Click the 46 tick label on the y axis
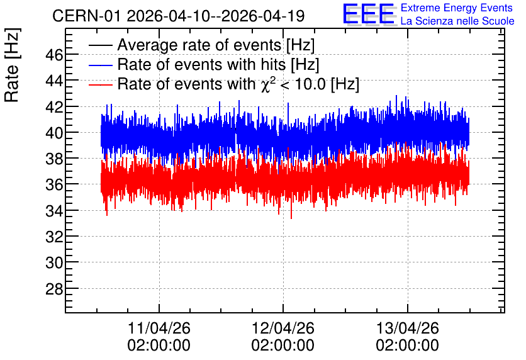point(54,55)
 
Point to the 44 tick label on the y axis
point(54,81)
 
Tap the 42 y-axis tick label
point(54,107)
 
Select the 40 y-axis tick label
point(54,133)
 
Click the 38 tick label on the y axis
point(54,159)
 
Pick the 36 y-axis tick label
point(54,184)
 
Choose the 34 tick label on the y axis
point(54,211)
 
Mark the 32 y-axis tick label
point(54,237)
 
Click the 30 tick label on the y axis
point(54,262)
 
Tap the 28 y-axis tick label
point(54,288)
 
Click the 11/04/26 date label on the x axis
point(159,328)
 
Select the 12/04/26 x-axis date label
point(283,328)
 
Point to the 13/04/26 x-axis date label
point(407,328)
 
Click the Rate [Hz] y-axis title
point(12,65)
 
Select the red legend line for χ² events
point(100,85)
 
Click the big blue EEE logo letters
point(369,14)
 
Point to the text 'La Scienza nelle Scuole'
point(457,21)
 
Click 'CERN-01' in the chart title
point(86,16)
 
